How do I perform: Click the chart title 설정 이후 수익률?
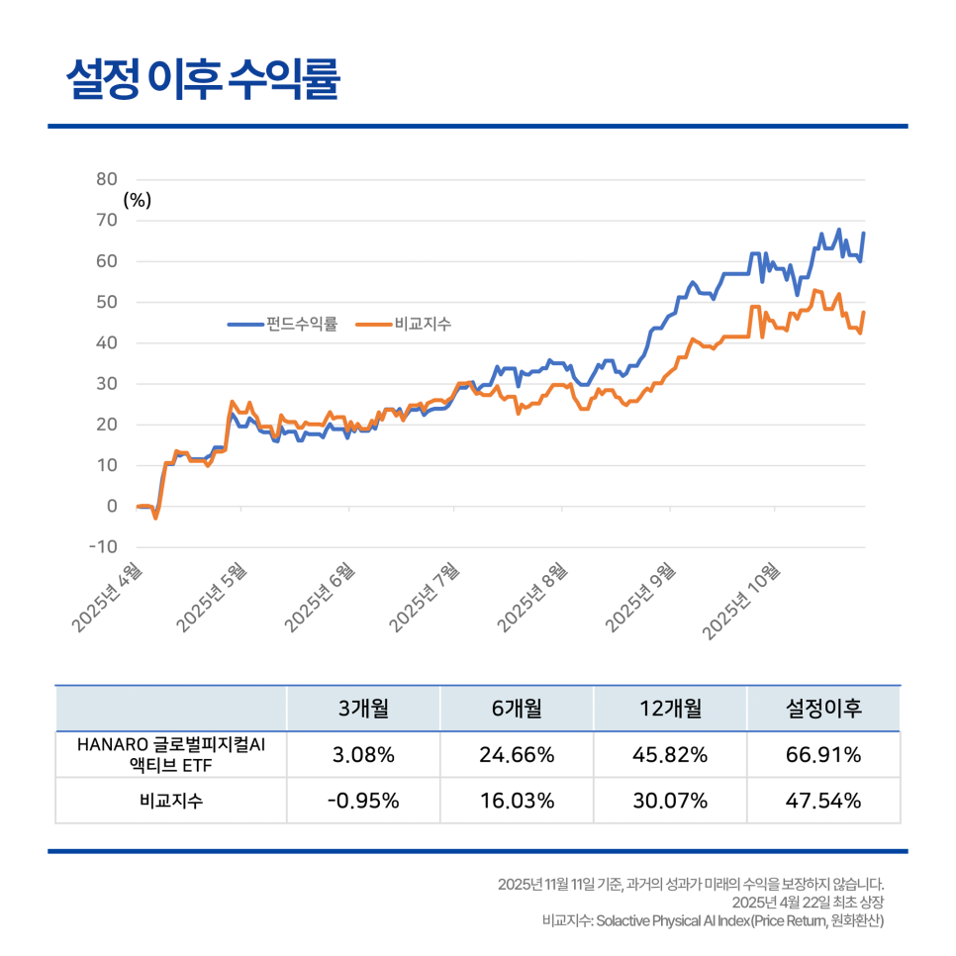(x=203, y=80)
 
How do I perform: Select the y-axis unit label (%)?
(x=138, y=200)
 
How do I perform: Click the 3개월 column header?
(x=363, y=709)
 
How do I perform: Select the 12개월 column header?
(x=670, y=709)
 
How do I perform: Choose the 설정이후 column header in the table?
(x=823, y=709)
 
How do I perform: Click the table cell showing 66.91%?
(x=823, y=755)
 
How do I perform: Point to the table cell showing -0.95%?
(x=363, y=801)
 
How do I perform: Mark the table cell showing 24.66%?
(x=517, y=755)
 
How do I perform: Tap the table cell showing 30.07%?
(x=670, y=801)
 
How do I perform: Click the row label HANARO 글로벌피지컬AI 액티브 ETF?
(x=171, y=755)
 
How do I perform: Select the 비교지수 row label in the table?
(x=171, y=801)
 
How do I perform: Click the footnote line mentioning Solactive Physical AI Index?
(x=713, y=921)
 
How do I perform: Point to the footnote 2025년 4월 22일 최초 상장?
(x=808, y=903)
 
